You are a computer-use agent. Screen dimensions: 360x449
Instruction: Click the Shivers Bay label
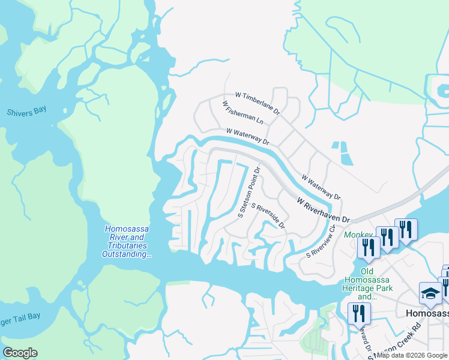(26, 111)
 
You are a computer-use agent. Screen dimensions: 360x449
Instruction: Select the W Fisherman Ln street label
(243, 112)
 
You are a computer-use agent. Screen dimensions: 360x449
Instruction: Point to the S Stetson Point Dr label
(249, 191)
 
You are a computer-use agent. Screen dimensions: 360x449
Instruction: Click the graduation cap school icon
(430, 293)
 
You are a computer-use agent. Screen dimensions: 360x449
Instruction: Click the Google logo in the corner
(20, 353)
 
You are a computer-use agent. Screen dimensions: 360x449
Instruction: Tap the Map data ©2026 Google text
(412, 355)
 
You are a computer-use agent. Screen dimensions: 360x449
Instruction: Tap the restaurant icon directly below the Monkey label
(367, 249)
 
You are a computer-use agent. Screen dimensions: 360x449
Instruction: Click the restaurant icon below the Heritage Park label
(359, 314)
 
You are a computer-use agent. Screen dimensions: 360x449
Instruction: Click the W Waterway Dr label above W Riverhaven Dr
(321, 187)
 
